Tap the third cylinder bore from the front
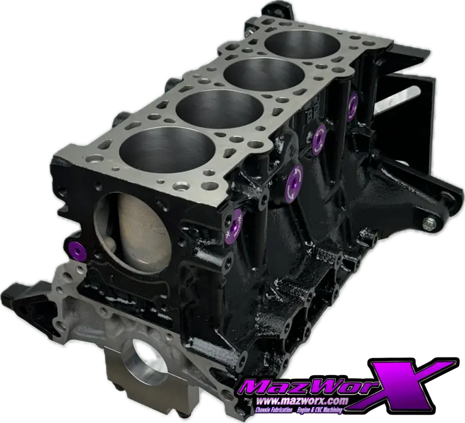pos(265,74)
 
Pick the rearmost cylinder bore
pos(303,44)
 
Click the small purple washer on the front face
pos(77,251)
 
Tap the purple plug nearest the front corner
pos(234,226)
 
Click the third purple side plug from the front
pos(319,139)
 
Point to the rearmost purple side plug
pos(353,107)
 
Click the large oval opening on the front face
pos(133,232)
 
